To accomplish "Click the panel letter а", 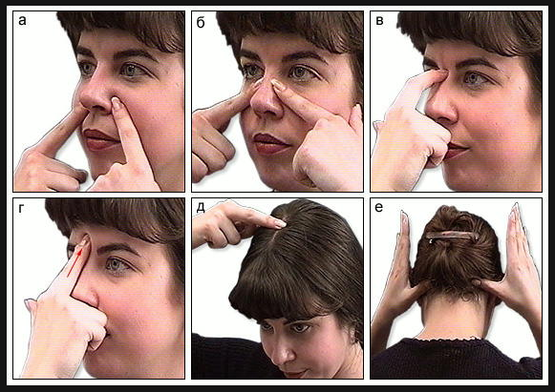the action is point(22,21).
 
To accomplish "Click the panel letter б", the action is point(201,22).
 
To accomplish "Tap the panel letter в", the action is point(379,21).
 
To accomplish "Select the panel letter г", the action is point(21,209).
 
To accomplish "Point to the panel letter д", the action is point(201,208).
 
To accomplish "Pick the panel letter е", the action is point(378,208).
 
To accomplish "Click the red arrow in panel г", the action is point(75,262).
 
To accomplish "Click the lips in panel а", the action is point(99,139).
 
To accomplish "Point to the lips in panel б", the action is point(270,143).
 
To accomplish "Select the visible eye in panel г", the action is point(117,264).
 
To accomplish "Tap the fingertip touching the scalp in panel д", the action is point(280,223).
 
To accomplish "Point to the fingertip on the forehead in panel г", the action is point(84,242).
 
